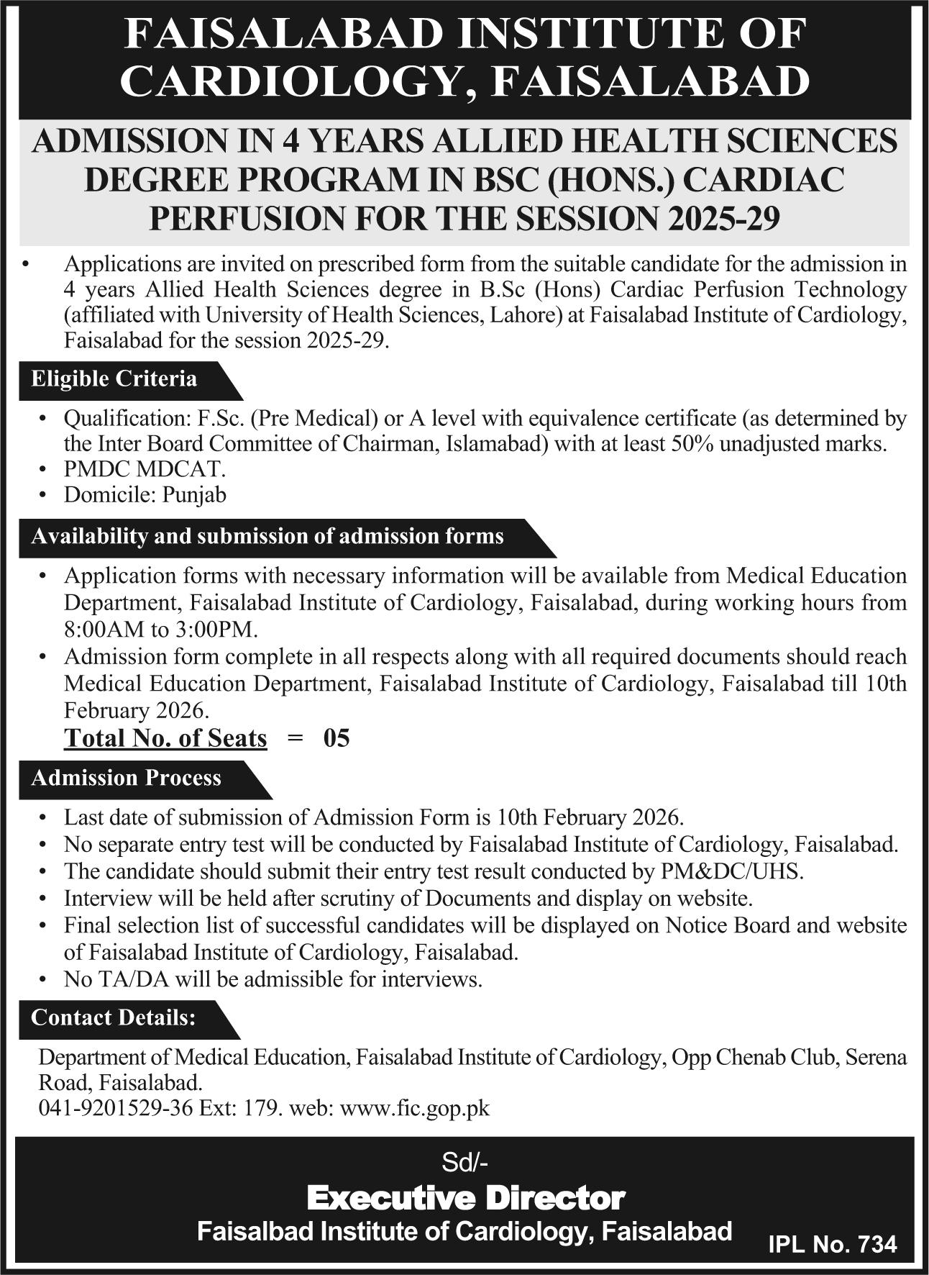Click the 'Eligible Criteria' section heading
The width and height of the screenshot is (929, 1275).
point(114,379)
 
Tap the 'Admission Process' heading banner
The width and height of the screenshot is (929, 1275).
point(126,778)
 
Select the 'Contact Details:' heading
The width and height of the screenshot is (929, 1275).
point(113,1017)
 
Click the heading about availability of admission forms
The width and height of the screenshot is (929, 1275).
point(267,537)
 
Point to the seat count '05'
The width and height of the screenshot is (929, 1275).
point(337,738)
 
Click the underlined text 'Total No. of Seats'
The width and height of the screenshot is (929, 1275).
point(165,738)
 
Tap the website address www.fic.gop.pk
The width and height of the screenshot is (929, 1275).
point(415,1108)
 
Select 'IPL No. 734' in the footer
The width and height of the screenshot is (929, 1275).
point(833,1245)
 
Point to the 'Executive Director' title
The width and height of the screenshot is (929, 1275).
point(465,1198)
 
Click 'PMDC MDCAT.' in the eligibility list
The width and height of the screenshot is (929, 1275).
point(145,469)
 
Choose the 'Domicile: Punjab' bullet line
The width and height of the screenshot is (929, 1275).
point(145,495)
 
